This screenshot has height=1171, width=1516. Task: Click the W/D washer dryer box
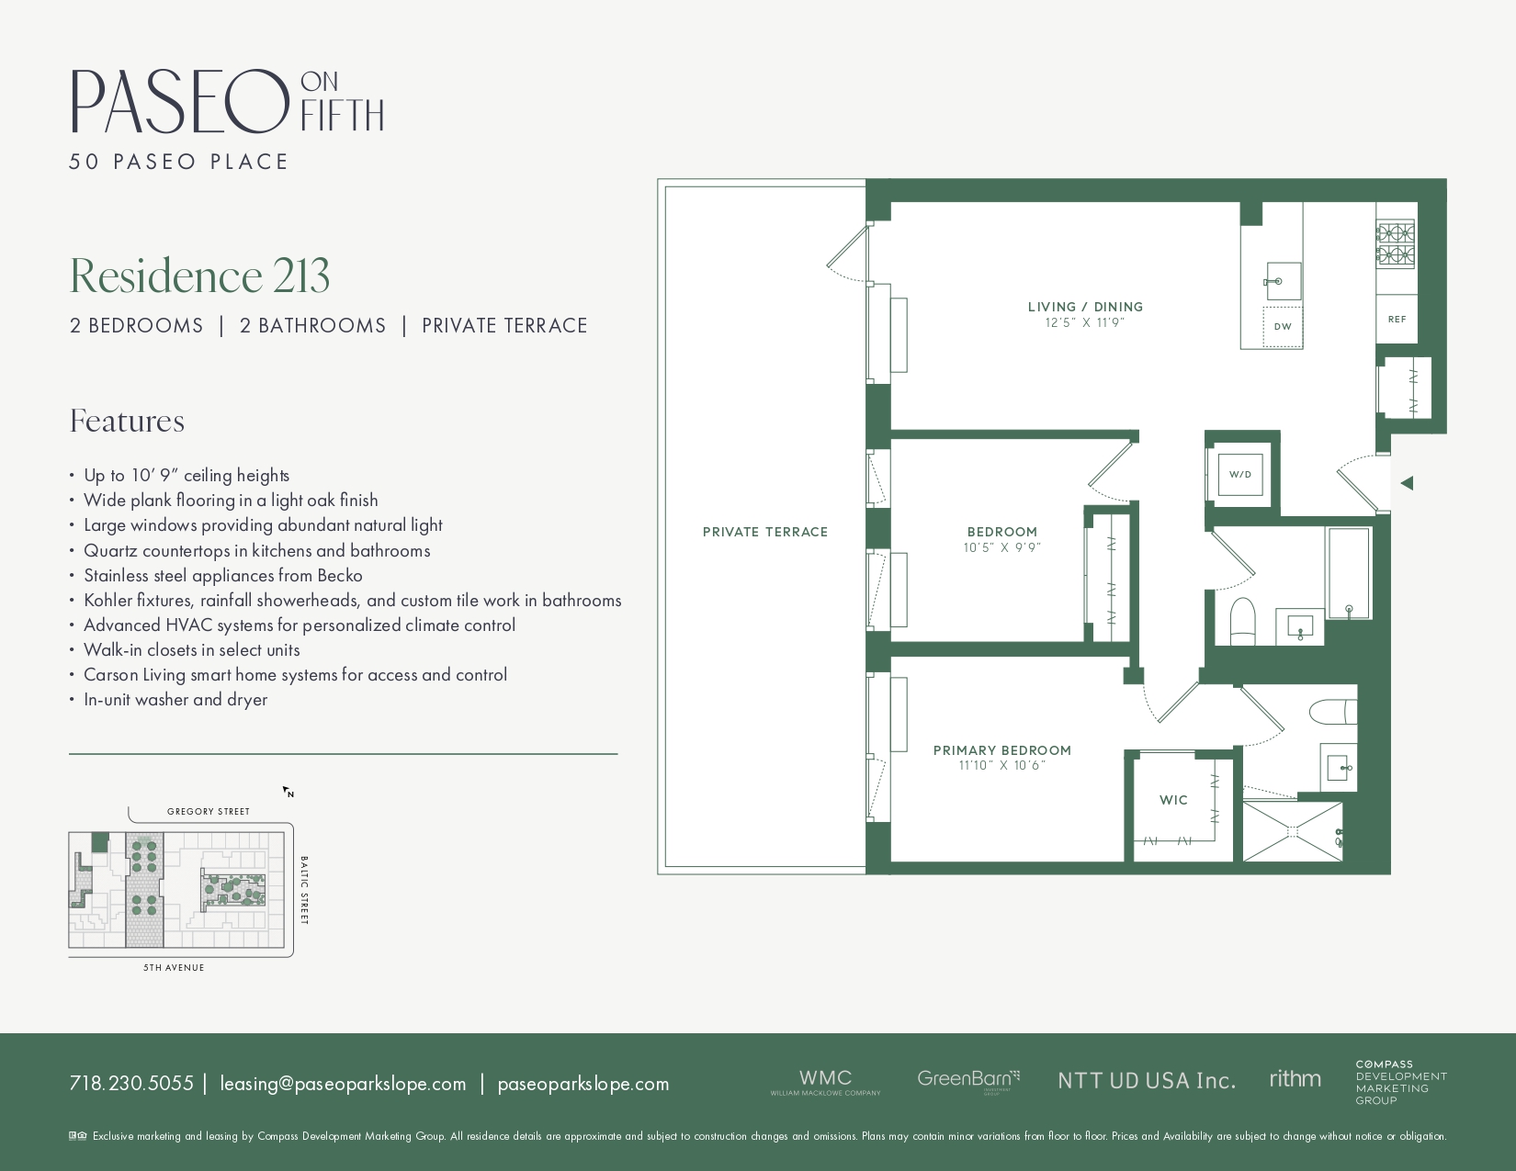click(1239, 475)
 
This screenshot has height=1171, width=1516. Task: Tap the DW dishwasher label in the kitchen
click(1283, 327)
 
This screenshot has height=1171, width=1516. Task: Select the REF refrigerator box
click(1397, 320)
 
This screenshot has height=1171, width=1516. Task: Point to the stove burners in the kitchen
click(1395, 243)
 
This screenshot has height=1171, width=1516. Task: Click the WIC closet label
click(1173, 800)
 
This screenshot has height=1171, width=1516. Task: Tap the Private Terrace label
click(764, 532)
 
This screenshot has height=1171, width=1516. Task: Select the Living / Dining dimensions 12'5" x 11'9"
click(1084, 323)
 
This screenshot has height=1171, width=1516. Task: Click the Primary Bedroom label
click(1001, 750)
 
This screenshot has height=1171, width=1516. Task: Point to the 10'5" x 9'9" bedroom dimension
click(1001, 548)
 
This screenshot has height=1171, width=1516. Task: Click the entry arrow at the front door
click(1406, 483)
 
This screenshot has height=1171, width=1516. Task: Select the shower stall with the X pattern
click(1292, 831)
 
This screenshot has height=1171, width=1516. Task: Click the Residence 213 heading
click(199, 276)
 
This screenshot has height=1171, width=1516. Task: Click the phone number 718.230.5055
click(131, 1084)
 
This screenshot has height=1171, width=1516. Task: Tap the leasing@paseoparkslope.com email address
click(343, 1084)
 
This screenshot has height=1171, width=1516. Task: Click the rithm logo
click(1295, 1079)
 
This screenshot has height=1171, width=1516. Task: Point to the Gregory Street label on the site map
click(209, 812)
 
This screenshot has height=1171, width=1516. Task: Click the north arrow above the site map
click(288, 792)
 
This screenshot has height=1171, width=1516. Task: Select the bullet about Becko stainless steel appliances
click(223, 576)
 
